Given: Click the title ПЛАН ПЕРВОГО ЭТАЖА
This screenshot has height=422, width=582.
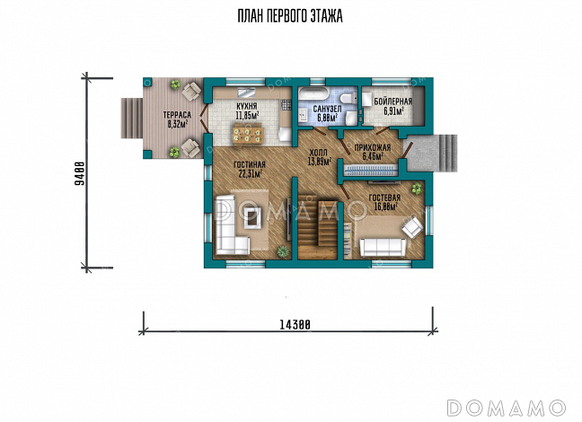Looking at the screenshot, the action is click(x=290, y=16).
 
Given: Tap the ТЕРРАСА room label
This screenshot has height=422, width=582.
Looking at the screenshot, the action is click(x=177, y=115).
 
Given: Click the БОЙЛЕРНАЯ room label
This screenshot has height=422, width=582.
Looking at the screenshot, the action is click(x=393, y=101).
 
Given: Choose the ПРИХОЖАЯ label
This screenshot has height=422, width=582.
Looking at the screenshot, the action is click(x=373, y=148).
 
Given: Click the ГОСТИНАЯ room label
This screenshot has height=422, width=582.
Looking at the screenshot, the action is click(x=250, y=165).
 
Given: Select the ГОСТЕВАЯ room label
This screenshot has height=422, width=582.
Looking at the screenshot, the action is click(x=384, y=198).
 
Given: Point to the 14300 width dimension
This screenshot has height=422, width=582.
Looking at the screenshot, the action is click(x=295, y=325).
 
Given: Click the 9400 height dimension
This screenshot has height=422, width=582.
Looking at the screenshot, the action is click(x=79, y=173).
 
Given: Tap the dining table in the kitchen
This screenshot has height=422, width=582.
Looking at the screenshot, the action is click(x=247, y=135).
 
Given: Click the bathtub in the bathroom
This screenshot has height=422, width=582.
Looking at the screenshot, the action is click(x=313, y=92).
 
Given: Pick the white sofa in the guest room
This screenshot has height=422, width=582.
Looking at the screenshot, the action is click(x=383, y=247).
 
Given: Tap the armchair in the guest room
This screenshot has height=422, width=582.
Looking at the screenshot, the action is click(x=413, y=226).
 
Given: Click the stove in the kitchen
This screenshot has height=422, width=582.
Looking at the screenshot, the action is click(x=286, y=105).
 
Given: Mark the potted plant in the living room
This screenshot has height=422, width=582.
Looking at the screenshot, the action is click(x=283, y=251).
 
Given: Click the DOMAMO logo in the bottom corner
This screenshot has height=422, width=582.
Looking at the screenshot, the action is click(x=507, y=408).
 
